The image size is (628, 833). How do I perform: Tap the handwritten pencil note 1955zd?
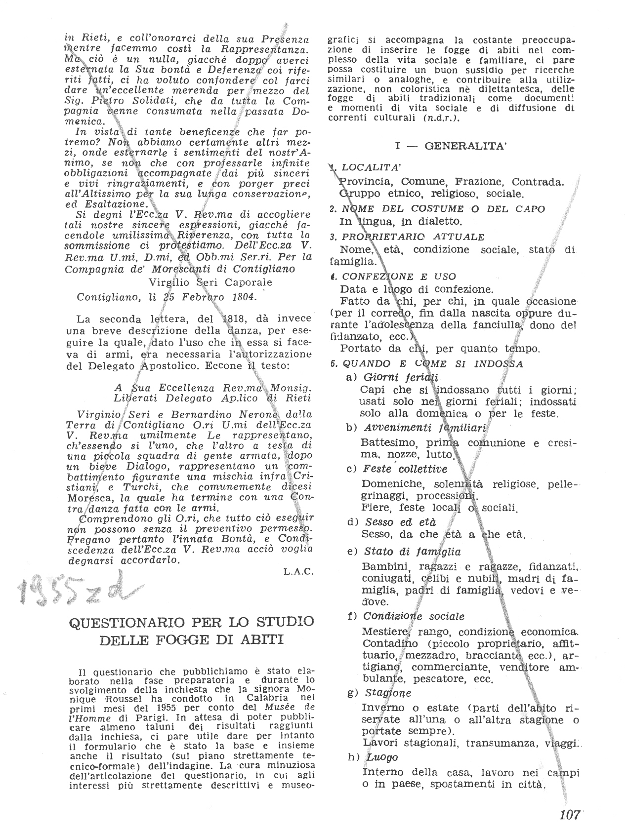73,589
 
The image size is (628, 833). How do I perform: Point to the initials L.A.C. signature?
299,572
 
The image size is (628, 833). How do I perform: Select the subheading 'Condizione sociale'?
414,616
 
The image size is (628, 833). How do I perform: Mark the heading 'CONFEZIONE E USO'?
399,276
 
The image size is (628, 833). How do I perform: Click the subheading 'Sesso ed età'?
400,522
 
